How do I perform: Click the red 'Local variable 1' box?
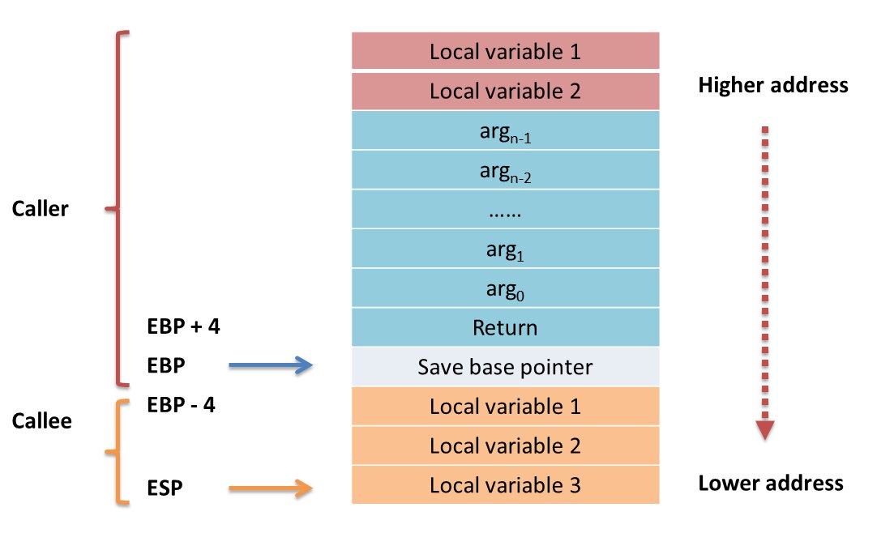point(505,52)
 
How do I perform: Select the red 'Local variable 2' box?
point(505,91)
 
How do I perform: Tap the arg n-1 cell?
point(505,130)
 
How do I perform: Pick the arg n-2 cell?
point(505,169)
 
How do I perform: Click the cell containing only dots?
point(505,209)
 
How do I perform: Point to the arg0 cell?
point(505,288)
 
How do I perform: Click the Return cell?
point(505,327)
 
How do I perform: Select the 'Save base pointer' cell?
point(505,367)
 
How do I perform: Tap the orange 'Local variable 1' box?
point(505,406)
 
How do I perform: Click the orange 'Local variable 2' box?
point(505,446)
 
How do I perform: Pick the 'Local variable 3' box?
point(505,485)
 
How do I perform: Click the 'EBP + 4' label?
point(185,327)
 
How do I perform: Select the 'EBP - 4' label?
point(182,405)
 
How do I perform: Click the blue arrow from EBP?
point(271,367)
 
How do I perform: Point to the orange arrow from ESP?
point(271,488)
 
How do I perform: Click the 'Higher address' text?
point(772,85)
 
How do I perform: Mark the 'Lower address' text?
point(770,484)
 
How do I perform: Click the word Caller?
point(41,209)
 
